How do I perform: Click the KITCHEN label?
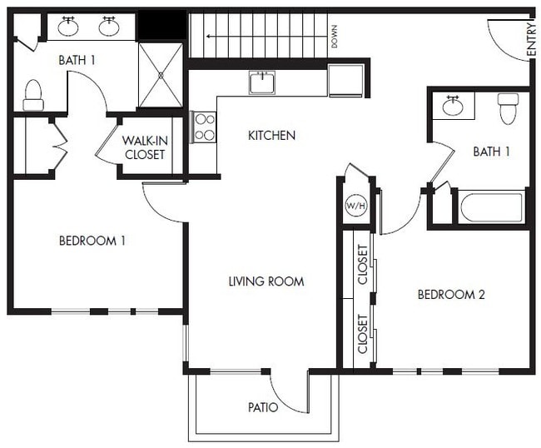tap(271, 135)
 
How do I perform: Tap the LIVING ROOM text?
tap(266, 281)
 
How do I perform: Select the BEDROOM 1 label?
tap(92, 241)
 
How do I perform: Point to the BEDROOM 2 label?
tap(451, 294)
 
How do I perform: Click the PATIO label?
tap(262, 407)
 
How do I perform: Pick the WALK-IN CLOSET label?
tap(145, 147)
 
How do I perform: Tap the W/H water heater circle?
tap(355, 206)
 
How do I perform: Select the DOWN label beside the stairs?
tap(334, 37)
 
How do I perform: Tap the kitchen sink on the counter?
tap(262, 82)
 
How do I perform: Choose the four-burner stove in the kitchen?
tap(204, 127)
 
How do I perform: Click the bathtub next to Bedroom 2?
tap(491, 207)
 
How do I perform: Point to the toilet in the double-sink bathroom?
tap(33, 95)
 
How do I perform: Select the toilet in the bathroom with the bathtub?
tap(508, 107)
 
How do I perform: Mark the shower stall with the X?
tap(160, 75)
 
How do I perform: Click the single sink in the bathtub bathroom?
tap(453, 106)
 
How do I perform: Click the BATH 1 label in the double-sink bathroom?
tap(77, 60)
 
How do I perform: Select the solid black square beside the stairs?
tap(161, 26)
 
